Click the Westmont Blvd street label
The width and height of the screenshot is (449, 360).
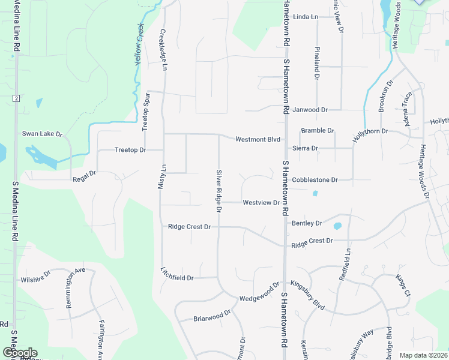258,139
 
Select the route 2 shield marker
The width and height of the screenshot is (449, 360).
16,98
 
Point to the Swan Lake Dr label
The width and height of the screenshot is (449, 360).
43,133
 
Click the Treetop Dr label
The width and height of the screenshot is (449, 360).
130,149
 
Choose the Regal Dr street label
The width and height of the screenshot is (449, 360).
84,176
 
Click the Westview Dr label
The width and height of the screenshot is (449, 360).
261,203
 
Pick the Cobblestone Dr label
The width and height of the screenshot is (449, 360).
315,179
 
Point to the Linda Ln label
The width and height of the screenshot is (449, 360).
306,17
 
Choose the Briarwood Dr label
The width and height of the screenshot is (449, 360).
212,316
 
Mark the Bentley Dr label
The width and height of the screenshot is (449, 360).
307,223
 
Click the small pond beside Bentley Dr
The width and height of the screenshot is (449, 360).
337,226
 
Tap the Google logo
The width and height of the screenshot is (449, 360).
20,353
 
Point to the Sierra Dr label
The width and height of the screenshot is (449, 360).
306,148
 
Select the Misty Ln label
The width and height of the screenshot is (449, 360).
161,178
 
